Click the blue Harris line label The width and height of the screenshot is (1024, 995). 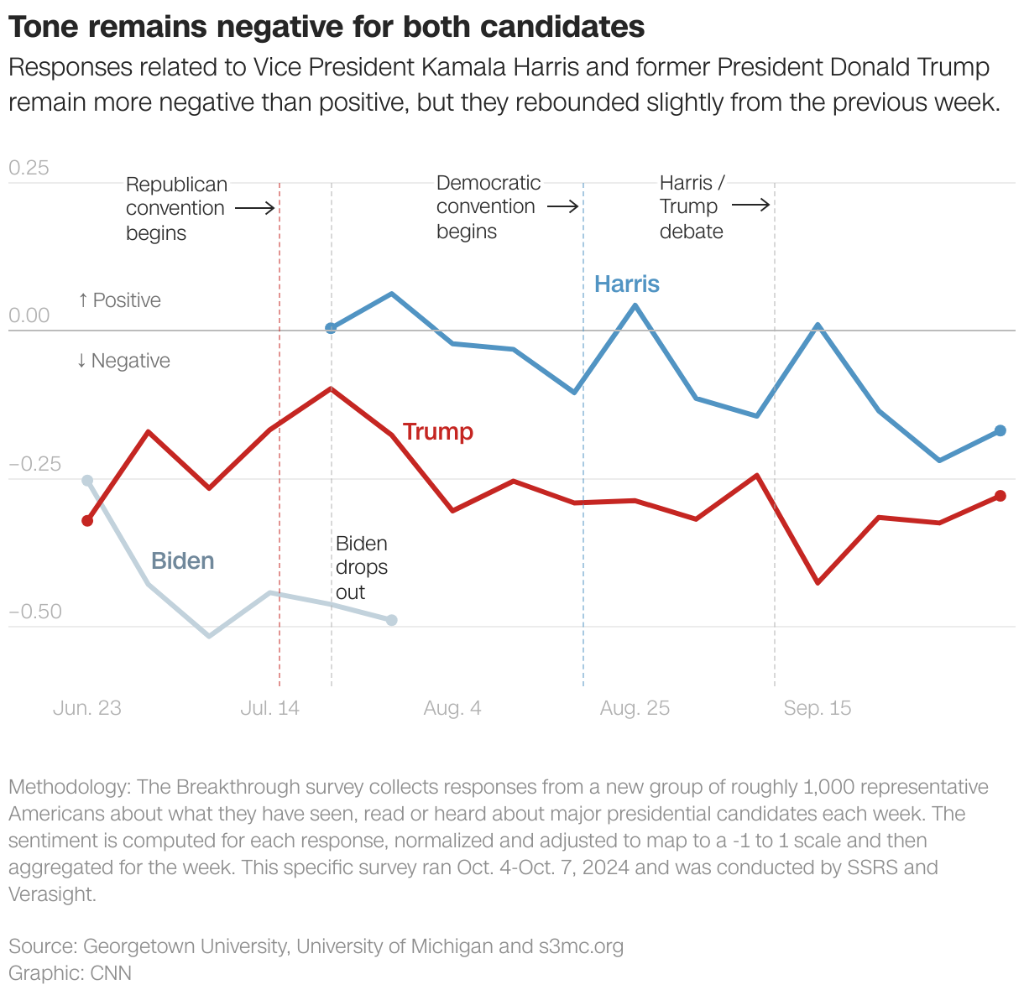[x=626, y=284]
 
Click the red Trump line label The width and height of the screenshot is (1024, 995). [x=437, y=431]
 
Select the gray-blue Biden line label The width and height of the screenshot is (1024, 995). [x=182, y=560]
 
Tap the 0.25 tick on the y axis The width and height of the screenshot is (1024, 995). [x=29, y=168]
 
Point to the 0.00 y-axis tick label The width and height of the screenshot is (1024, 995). [x=29, y=316]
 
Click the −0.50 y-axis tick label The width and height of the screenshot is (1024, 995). [x=34, y=612]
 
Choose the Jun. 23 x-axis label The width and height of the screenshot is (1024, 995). [x=86, y=708]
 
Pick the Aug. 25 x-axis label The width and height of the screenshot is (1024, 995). [x=635, y=708]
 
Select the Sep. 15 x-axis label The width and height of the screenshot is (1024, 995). [x=817, y=708]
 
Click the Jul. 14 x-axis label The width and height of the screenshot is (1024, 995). [x=269, y=708]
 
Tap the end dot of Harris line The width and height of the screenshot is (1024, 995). [x=1000, y=430]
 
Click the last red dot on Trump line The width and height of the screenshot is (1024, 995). [x=1000, y=496]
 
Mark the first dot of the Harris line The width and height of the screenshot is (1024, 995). [x=331, y=328]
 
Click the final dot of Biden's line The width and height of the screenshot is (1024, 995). [x=391, y=620]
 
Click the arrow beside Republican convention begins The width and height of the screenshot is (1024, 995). [x=254, y=208]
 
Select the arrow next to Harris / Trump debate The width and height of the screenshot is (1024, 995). [x=750, y=205]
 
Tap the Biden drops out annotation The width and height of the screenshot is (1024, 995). [x=361, y=568]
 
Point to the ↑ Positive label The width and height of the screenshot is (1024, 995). [x=119, y=300]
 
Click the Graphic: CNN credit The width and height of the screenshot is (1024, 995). [x=70, y=973]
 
